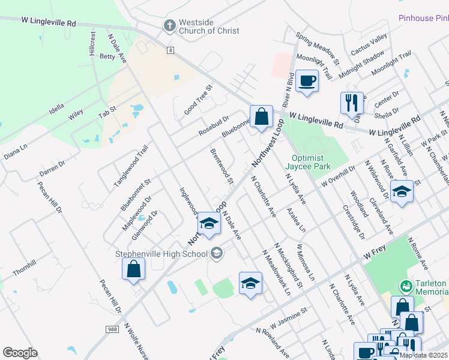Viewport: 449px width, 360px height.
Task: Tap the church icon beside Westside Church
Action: click(170, 26)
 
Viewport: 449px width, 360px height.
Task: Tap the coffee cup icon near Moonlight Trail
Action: click(307, 80)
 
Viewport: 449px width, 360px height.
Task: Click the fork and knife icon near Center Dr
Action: click(352, 102)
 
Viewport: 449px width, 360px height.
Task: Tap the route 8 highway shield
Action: click(171, 50)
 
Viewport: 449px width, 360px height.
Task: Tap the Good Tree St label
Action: click(199, 100)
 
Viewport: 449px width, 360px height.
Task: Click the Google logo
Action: click(20, 353)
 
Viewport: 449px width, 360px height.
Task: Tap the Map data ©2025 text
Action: click(423, 355)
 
